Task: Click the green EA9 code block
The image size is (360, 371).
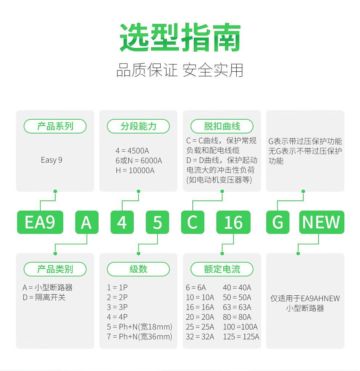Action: pos(40,222)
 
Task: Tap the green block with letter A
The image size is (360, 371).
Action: pos(87,222)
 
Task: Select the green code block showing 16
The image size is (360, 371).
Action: pos(233,222)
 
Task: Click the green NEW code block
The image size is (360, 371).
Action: pos(321,222)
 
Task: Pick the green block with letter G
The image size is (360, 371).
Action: pos(278,222)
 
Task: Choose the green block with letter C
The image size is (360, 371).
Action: pos(192,222)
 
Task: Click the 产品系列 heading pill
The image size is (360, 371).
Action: pos(55,126)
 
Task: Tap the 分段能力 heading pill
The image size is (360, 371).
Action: pos(138,126)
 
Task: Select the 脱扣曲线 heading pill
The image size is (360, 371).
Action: pos(222,126)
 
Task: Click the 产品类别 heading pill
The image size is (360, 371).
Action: pos(55,269)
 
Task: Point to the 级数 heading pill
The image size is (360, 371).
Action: pos(138,269)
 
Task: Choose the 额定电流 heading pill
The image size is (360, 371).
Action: pos(222,269)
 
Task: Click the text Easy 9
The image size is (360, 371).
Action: pos(52,160)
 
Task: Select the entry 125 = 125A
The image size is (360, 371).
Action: pos(241,336)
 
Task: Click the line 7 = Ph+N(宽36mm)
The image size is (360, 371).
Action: pos(140,336)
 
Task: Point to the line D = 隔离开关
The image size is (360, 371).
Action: pos(44,298)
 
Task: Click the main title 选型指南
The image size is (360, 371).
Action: pos(180,38)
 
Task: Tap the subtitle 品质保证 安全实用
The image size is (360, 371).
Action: pos(180,70)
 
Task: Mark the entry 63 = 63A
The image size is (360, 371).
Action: pos(237,307)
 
